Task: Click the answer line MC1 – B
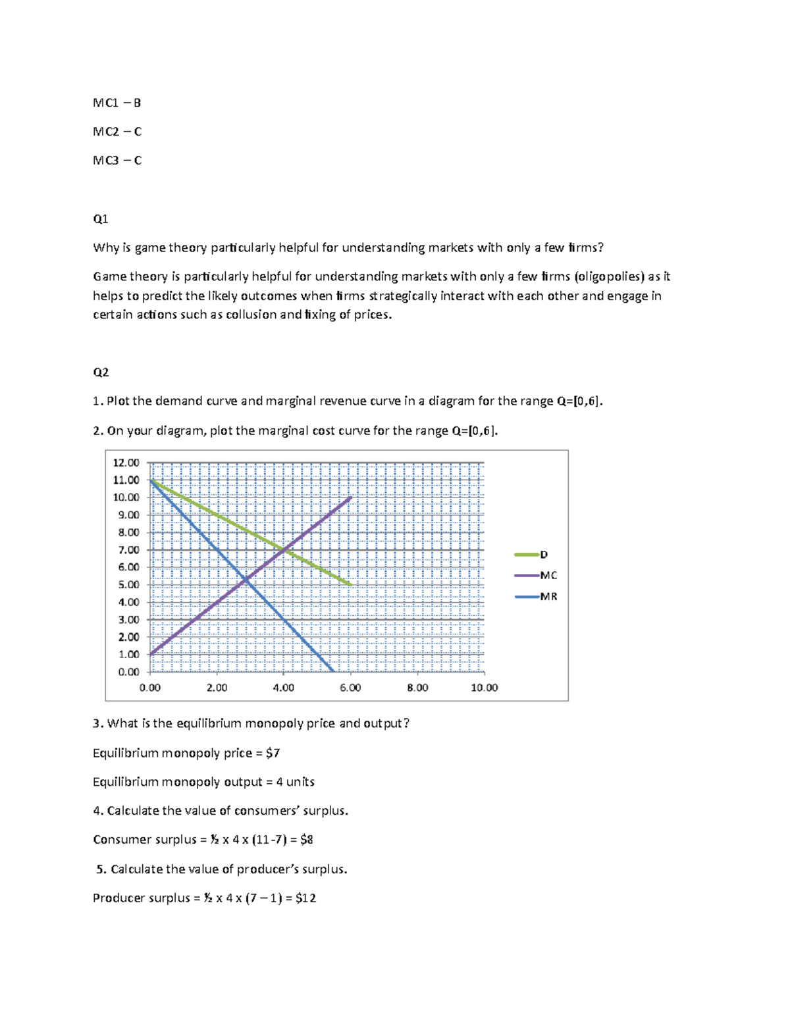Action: pos(117,103)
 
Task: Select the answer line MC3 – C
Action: pos(117,160)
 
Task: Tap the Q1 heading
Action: pos(100,218)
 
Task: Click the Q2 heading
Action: pos(100,372)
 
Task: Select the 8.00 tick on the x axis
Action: pos(417,688)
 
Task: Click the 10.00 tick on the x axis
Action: pos(484,688)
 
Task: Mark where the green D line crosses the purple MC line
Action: pos(284,549)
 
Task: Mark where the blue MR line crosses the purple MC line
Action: pos(246,579)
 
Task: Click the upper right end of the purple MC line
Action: pos(351,498)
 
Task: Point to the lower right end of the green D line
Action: pos(352,584)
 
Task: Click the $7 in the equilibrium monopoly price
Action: pos(273,753)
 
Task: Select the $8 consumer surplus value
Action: pos(306,840)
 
